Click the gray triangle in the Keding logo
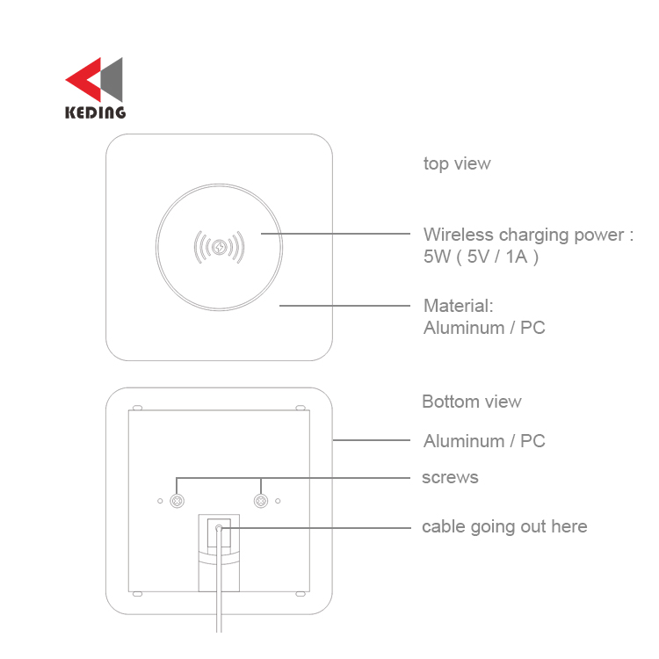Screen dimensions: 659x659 [112, 79]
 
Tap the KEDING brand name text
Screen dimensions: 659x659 [96, 112]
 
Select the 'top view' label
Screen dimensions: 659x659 [457, 164]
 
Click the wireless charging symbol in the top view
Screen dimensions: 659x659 [219, 247]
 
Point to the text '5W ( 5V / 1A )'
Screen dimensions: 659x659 [481, 257]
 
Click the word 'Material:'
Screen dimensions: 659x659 [458, 306]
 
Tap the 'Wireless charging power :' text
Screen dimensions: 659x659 [528, 235]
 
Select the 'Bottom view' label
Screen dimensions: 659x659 [472, 402]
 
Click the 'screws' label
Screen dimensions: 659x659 [450, 478]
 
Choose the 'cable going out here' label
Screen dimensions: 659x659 [504, 527]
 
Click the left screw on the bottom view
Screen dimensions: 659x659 [177, 501]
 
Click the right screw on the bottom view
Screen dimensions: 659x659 [261, 501]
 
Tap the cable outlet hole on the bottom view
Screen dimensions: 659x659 [219, 528]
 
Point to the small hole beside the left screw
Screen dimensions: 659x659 [160, 501]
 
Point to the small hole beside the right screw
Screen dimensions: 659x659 [278, 501]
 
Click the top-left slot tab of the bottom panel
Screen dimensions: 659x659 [137, 408]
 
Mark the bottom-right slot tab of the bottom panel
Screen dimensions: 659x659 [301, 594]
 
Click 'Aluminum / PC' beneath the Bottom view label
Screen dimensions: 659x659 [484, 441]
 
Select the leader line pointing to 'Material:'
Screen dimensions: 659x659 [344, 306]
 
